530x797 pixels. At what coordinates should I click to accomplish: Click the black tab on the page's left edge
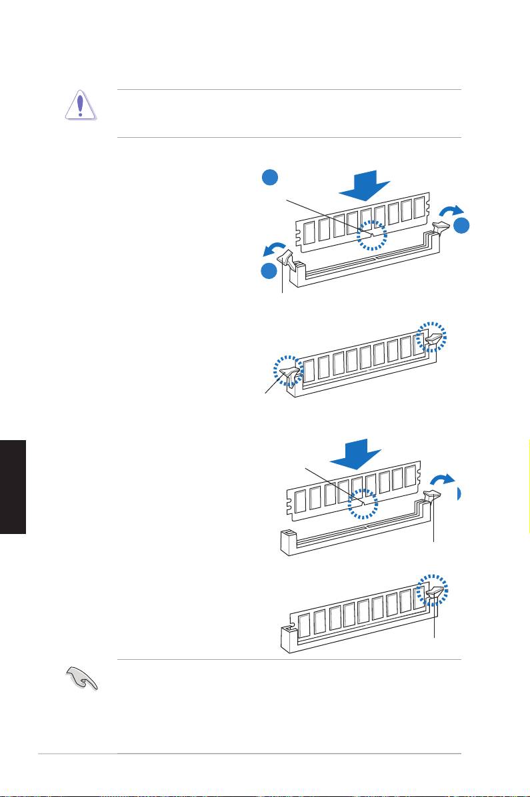tap(13, 485)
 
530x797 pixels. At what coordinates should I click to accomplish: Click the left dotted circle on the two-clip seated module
tap(288, 372)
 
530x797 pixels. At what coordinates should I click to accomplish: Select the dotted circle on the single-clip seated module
tap(431, 590)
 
